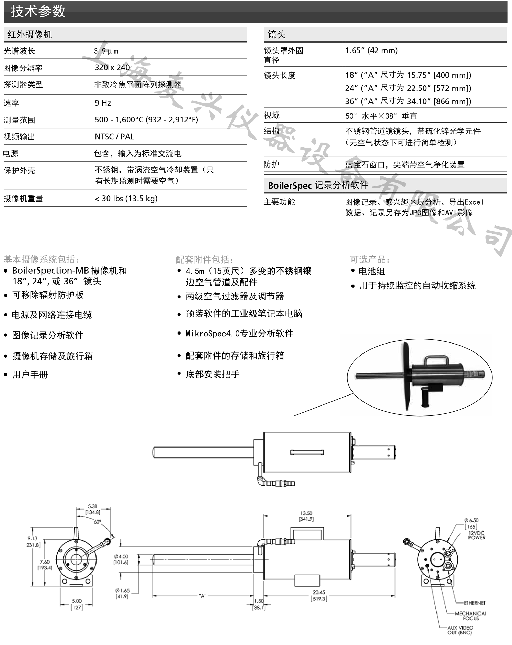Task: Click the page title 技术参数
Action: [x=38, y=11]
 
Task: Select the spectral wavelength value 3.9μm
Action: [x=106, y=51]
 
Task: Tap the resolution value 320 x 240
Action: [x=112, y=68]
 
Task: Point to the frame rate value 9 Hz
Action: [x=103, y=103]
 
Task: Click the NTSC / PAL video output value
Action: [x=114, y=137]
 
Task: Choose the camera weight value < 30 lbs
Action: [x=126, y=198]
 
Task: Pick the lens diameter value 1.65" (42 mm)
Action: [x=371, y=50]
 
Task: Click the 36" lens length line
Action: [x=408, y=101]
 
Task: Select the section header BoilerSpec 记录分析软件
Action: [x=318, y=185]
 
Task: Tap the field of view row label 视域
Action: [x=271, y=116]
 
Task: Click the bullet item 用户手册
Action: [x=30, y=374]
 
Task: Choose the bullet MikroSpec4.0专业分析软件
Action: [x=239, y=333]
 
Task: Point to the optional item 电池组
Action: [x=371, y=271]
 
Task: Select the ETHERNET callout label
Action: [x=475, y=603]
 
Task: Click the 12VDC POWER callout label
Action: [x=476, y=535]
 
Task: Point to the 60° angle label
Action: [x=98, y=522]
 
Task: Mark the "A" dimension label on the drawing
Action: [x=202, y=596]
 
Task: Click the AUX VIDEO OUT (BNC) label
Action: [x=460, y=630]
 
